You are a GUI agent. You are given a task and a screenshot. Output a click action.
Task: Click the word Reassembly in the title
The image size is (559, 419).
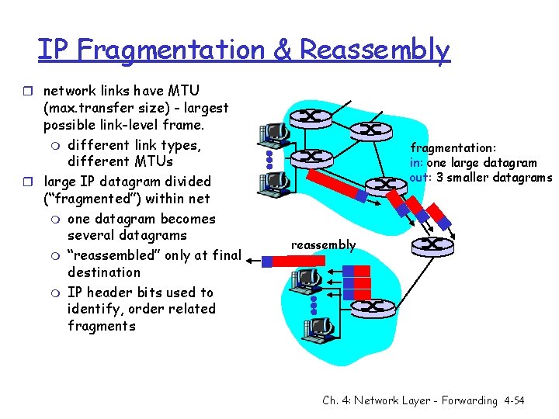click(x=374, y=50)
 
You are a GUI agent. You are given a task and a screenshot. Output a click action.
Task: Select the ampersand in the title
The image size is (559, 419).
click(x=283, y=50)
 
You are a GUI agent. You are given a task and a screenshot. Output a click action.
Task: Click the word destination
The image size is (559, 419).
click(x=104, y=272)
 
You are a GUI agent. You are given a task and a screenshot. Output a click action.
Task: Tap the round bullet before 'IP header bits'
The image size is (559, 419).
click(x=57, y=293)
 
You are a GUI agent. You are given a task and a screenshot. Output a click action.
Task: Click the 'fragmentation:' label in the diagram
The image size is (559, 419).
click(x=453, y=147)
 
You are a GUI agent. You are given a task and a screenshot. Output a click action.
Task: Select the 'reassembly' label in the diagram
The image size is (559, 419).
click(x=323, y=245)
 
